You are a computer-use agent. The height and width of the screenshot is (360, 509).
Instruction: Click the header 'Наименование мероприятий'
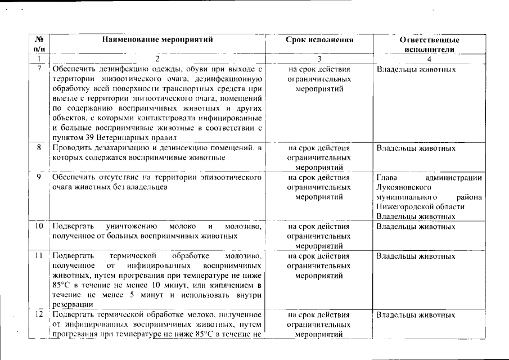(158, 40)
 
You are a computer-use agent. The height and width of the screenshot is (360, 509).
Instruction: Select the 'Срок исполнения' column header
(319, 40)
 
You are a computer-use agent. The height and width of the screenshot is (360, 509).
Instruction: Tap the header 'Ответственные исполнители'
(430, 44)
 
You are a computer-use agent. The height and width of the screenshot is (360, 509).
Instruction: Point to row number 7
(39, 70)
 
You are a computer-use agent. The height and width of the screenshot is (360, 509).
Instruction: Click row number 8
(39, 148)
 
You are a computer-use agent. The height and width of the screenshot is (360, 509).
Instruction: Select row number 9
(39, 177)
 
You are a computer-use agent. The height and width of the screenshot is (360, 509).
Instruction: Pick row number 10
(39, 227)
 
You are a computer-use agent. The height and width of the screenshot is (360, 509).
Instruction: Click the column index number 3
(319, 58)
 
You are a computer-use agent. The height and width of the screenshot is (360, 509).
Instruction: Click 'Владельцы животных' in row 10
(415, 227)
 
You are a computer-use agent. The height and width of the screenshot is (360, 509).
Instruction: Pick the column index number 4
(429, 58)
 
